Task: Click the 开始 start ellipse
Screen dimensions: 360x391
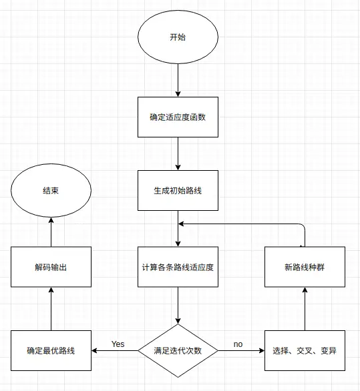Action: pyautogui.click(x=178, y=37)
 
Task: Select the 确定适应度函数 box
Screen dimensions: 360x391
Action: pyautogui.click(x=178, y=117)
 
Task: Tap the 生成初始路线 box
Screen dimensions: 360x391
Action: pyautogui.click(x=178, y=191)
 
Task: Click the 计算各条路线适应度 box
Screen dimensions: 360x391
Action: pyautogui.click(x=178, y=267)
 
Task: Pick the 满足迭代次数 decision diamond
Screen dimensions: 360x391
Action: pyautogui.click(x=178, y=350)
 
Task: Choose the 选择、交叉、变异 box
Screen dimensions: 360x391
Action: pyautogui.click(x=305, y=350)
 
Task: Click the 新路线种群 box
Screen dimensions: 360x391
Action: pyautogui.click(x=305, y=267)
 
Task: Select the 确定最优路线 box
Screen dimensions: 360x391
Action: pyautogui.click(x=51, y=350)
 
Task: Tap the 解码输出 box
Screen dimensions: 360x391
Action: pyautogui.click(x=51, y=267)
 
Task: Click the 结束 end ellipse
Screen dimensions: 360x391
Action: pyautogui.click(x=51, y=191)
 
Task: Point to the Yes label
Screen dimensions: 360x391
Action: pyautogui.click(x=118, y=344)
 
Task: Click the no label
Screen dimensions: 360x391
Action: pyautogui.click(x=238, y=344)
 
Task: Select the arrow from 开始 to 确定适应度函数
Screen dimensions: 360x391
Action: pyautogui.click(x=178, y=80)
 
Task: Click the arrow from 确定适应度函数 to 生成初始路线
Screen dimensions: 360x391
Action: pyautogui.click(x=178, y=153)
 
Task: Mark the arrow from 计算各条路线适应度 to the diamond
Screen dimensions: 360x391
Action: pyautogui.click(x=178, y=305)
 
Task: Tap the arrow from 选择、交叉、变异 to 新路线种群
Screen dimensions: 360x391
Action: pyautogui.click(x=305, y=309)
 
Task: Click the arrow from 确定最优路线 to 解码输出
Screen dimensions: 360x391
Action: pyautogui.click(x=51, y=309)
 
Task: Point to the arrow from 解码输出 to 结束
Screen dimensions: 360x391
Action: pyautogui.click(x=51, y=232)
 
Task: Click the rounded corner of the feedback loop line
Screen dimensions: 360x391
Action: pyautogui.click(x=303, y=225)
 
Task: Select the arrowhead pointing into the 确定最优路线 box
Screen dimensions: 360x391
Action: pyautogui.click(x=94, y=350)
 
